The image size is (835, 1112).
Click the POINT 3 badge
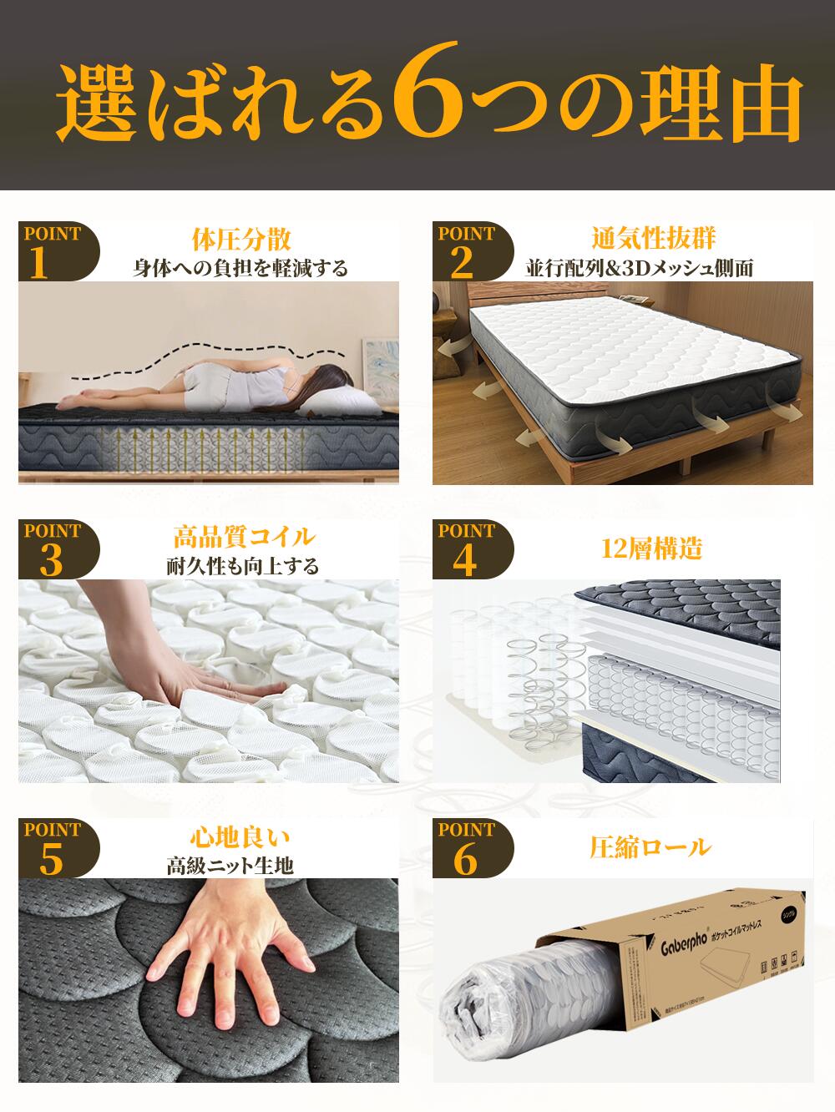tap(54, 548)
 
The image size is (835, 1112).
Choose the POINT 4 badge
tap(468, 548)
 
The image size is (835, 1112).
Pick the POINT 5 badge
tap(54, 848)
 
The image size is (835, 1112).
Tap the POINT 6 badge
tap(468, 848)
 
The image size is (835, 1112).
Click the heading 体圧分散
tap(241, 240)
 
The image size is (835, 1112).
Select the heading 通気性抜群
tap(654, 240)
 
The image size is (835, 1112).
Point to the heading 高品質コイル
tap(244, 536)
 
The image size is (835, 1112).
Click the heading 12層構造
tap(652, 548)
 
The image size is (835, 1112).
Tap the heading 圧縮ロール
tap(650, 848)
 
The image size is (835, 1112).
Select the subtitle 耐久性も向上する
tap(243, 566)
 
